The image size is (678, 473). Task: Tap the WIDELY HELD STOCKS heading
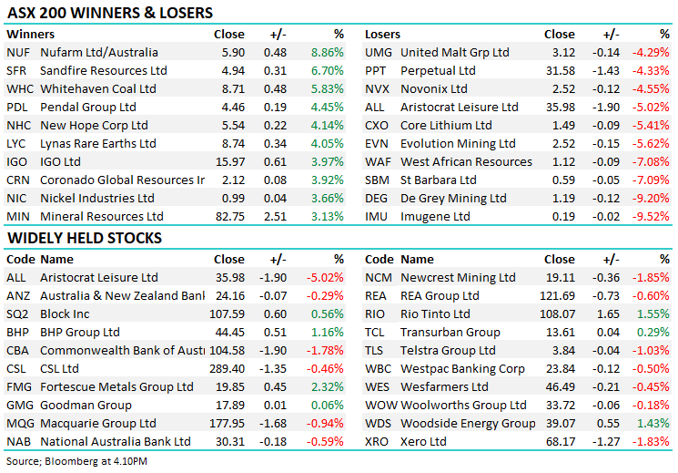(x=85, y=238)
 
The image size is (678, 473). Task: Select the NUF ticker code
(x=17, y=53)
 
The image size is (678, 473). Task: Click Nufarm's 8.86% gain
(x=327, y=53)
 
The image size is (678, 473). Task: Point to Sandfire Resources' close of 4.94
(x=233, y=71)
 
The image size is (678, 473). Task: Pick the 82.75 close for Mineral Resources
(x=229, y=216)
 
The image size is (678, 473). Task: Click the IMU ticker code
(x=378, y=216)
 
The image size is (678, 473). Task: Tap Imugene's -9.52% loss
(x=653, y=216)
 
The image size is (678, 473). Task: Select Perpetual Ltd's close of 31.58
(x=559, y=71)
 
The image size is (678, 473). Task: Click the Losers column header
(x=383, y=35)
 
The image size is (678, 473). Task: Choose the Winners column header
(x=29, y=35)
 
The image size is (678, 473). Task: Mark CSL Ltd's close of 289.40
(x=227, y=369)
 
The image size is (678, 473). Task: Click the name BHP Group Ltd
(x=80, y=333)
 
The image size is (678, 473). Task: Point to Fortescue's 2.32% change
(x=327, y=387)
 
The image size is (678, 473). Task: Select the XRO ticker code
(x=378, y=441)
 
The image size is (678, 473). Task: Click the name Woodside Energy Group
(x=468, y=423)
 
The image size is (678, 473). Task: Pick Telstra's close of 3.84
(x=562, y=351)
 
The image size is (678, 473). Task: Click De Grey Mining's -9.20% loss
(x=653, y=198)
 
